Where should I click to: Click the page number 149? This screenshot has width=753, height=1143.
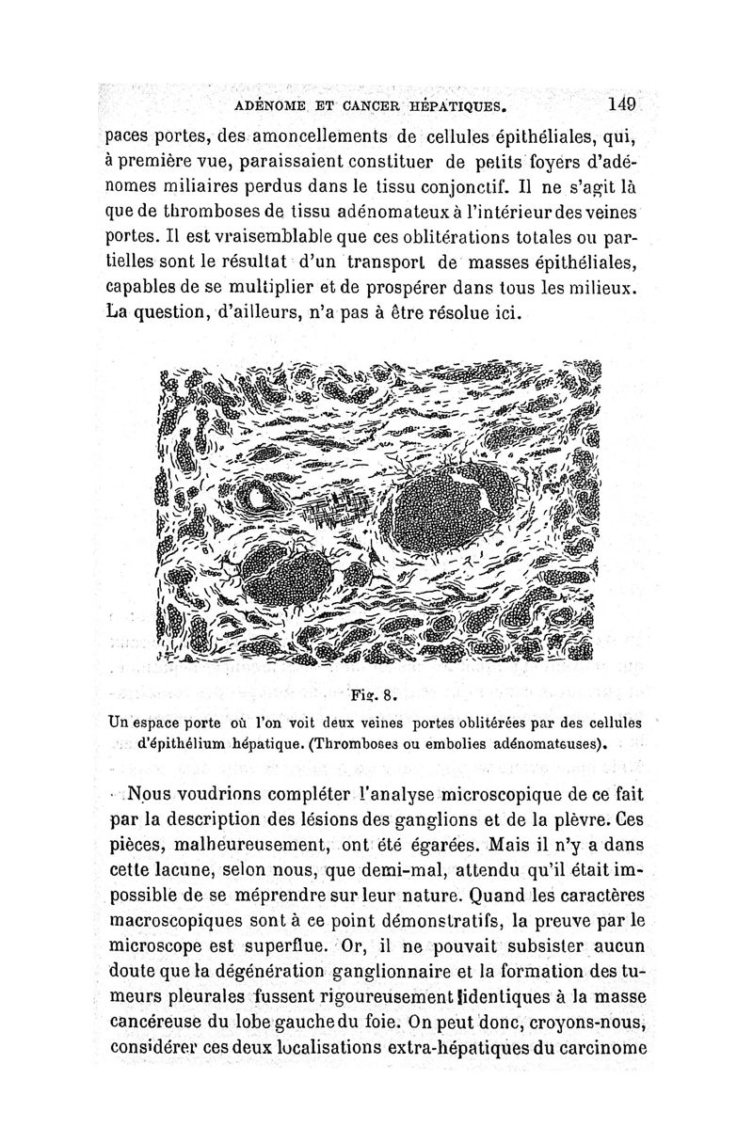point(623,103)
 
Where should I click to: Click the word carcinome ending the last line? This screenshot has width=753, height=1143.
point(596,1044)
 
